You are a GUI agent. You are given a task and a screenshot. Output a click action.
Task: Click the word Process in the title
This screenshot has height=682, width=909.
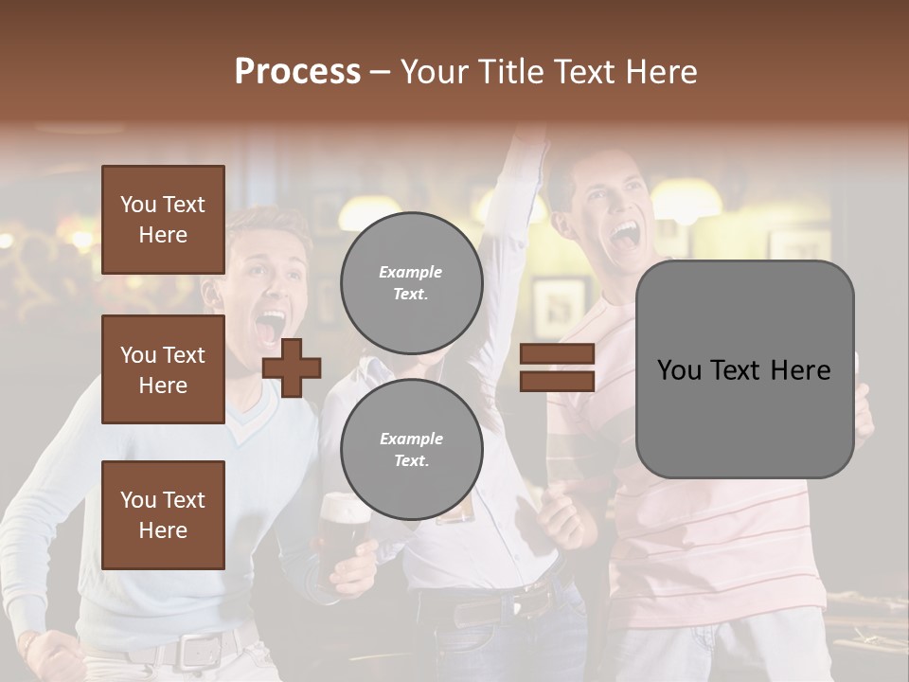pyautogui.click(x=297, y=72)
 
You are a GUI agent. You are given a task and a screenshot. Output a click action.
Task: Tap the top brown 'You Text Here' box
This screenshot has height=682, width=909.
pyautogui.click(x=163, y=220)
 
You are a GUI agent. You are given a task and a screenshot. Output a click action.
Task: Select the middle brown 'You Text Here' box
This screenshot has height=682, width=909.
pyautogui.click(x=163, y=369)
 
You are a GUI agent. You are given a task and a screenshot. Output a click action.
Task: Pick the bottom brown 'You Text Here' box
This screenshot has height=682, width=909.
pyautogui.click(x=163, y=514)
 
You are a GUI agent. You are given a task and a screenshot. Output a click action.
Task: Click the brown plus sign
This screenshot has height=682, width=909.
pyautogui.click(x=292, y=367)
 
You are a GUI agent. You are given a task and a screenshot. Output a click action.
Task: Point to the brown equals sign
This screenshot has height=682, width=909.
pyautogui.click(x=557, y=368)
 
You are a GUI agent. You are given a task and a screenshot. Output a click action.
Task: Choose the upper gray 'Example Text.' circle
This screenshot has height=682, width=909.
pyautogui.click(x=411, y=282)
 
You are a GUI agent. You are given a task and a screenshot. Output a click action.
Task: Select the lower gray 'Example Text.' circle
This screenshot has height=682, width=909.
pyautogui.click(x=411, y=449)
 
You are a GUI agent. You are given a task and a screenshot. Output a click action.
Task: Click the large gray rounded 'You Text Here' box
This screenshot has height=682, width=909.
pyautogui.click(x=744, y=369)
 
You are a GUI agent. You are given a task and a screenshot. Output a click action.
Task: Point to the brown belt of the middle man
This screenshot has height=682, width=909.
pyautogui.click(x=497, y=606)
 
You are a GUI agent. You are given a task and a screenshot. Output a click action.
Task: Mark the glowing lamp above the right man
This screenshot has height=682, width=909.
pyautogui.click(x=686, y=200)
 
